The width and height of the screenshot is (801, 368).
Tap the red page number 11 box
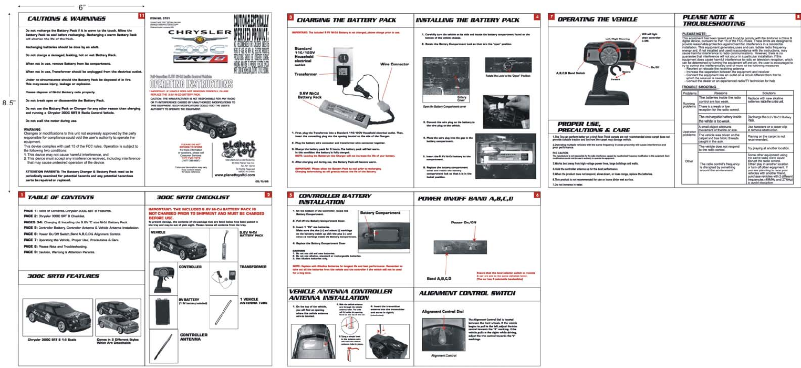141,15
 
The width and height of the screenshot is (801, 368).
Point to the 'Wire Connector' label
394,64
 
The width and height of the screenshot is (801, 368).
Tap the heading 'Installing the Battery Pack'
467,20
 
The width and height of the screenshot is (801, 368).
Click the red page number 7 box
551,16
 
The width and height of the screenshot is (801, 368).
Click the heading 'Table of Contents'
60,197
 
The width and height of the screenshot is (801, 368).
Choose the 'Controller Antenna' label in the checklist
193,337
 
